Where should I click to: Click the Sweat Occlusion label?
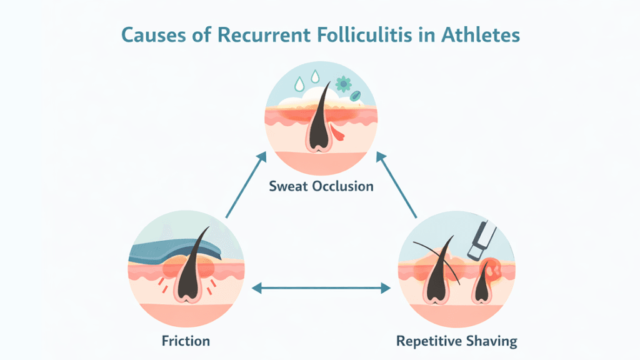click(321, 186)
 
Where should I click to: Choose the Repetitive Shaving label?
click(457, 341)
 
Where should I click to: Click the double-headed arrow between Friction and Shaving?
click(320, 288)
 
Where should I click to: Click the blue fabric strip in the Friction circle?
click(169, 250)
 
